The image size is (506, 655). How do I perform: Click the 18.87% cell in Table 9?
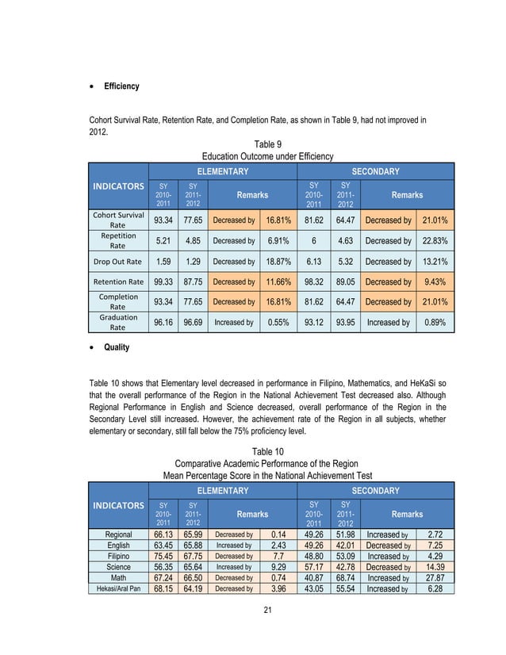click(x=278, y=261)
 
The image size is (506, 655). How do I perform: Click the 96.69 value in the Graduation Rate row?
click(x=192, y=323)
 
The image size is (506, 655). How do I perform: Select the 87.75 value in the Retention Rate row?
click(x=192, y=282)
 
